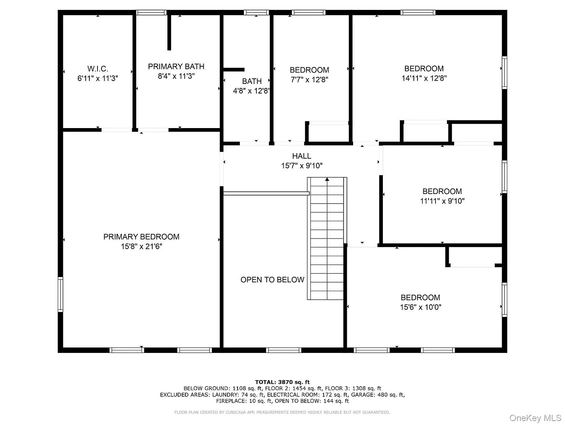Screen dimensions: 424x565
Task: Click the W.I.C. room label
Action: tap(97, 69)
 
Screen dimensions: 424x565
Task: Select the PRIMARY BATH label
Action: tap(176, 67)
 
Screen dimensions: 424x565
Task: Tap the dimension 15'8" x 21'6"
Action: tap(141, 246)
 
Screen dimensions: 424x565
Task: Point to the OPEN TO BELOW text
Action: tap(272, 280)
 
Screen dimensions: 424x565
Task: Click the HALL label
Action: tap(302, 156)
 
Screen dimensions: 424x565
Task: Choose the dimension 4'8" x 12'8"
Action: tap(252, 91)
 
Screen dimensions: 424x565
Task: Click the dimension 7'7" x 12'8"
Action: tap(309, 79)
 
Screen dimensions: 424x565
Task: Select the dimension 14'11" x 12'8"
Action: tap(424, 78)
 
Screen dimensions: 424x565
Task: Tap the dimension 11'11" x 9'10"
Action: tap(442, 201)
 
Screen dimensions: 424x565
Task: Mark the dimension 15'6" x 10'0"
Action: tap(420, 307)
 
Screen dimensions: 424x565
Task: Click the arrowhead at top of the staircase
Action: tap(327, 180)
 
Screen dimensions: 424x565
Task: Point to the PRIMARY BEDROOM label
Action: tap(141, 237)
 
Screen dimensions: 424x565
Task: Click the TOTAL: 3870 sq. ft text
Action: tap(282, 382)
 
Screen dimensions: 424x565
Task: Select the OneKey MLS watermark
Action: tap(535, 418)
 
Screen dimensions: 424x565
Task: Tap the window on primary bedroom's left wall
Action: tap(60, 294)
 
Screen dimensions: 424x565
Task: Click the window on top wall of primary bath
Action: tap(151, 13)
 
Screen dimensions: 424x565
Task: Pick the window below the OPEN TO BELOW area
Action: tap(283, 350)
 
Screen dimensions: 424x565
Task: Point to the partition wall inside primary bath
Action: tap(169, 32)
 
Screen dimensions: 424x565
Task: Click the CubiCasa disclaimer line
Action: tap(282, 412)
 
